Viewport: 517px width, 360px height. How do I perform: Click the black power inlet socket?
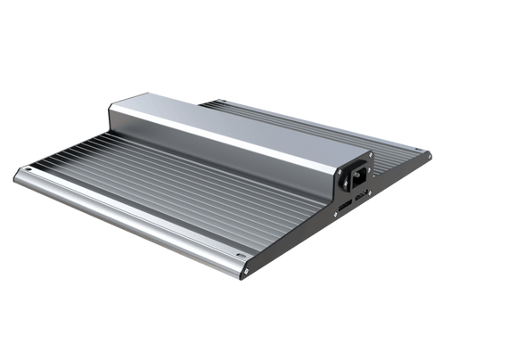(x=359, y=177)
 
